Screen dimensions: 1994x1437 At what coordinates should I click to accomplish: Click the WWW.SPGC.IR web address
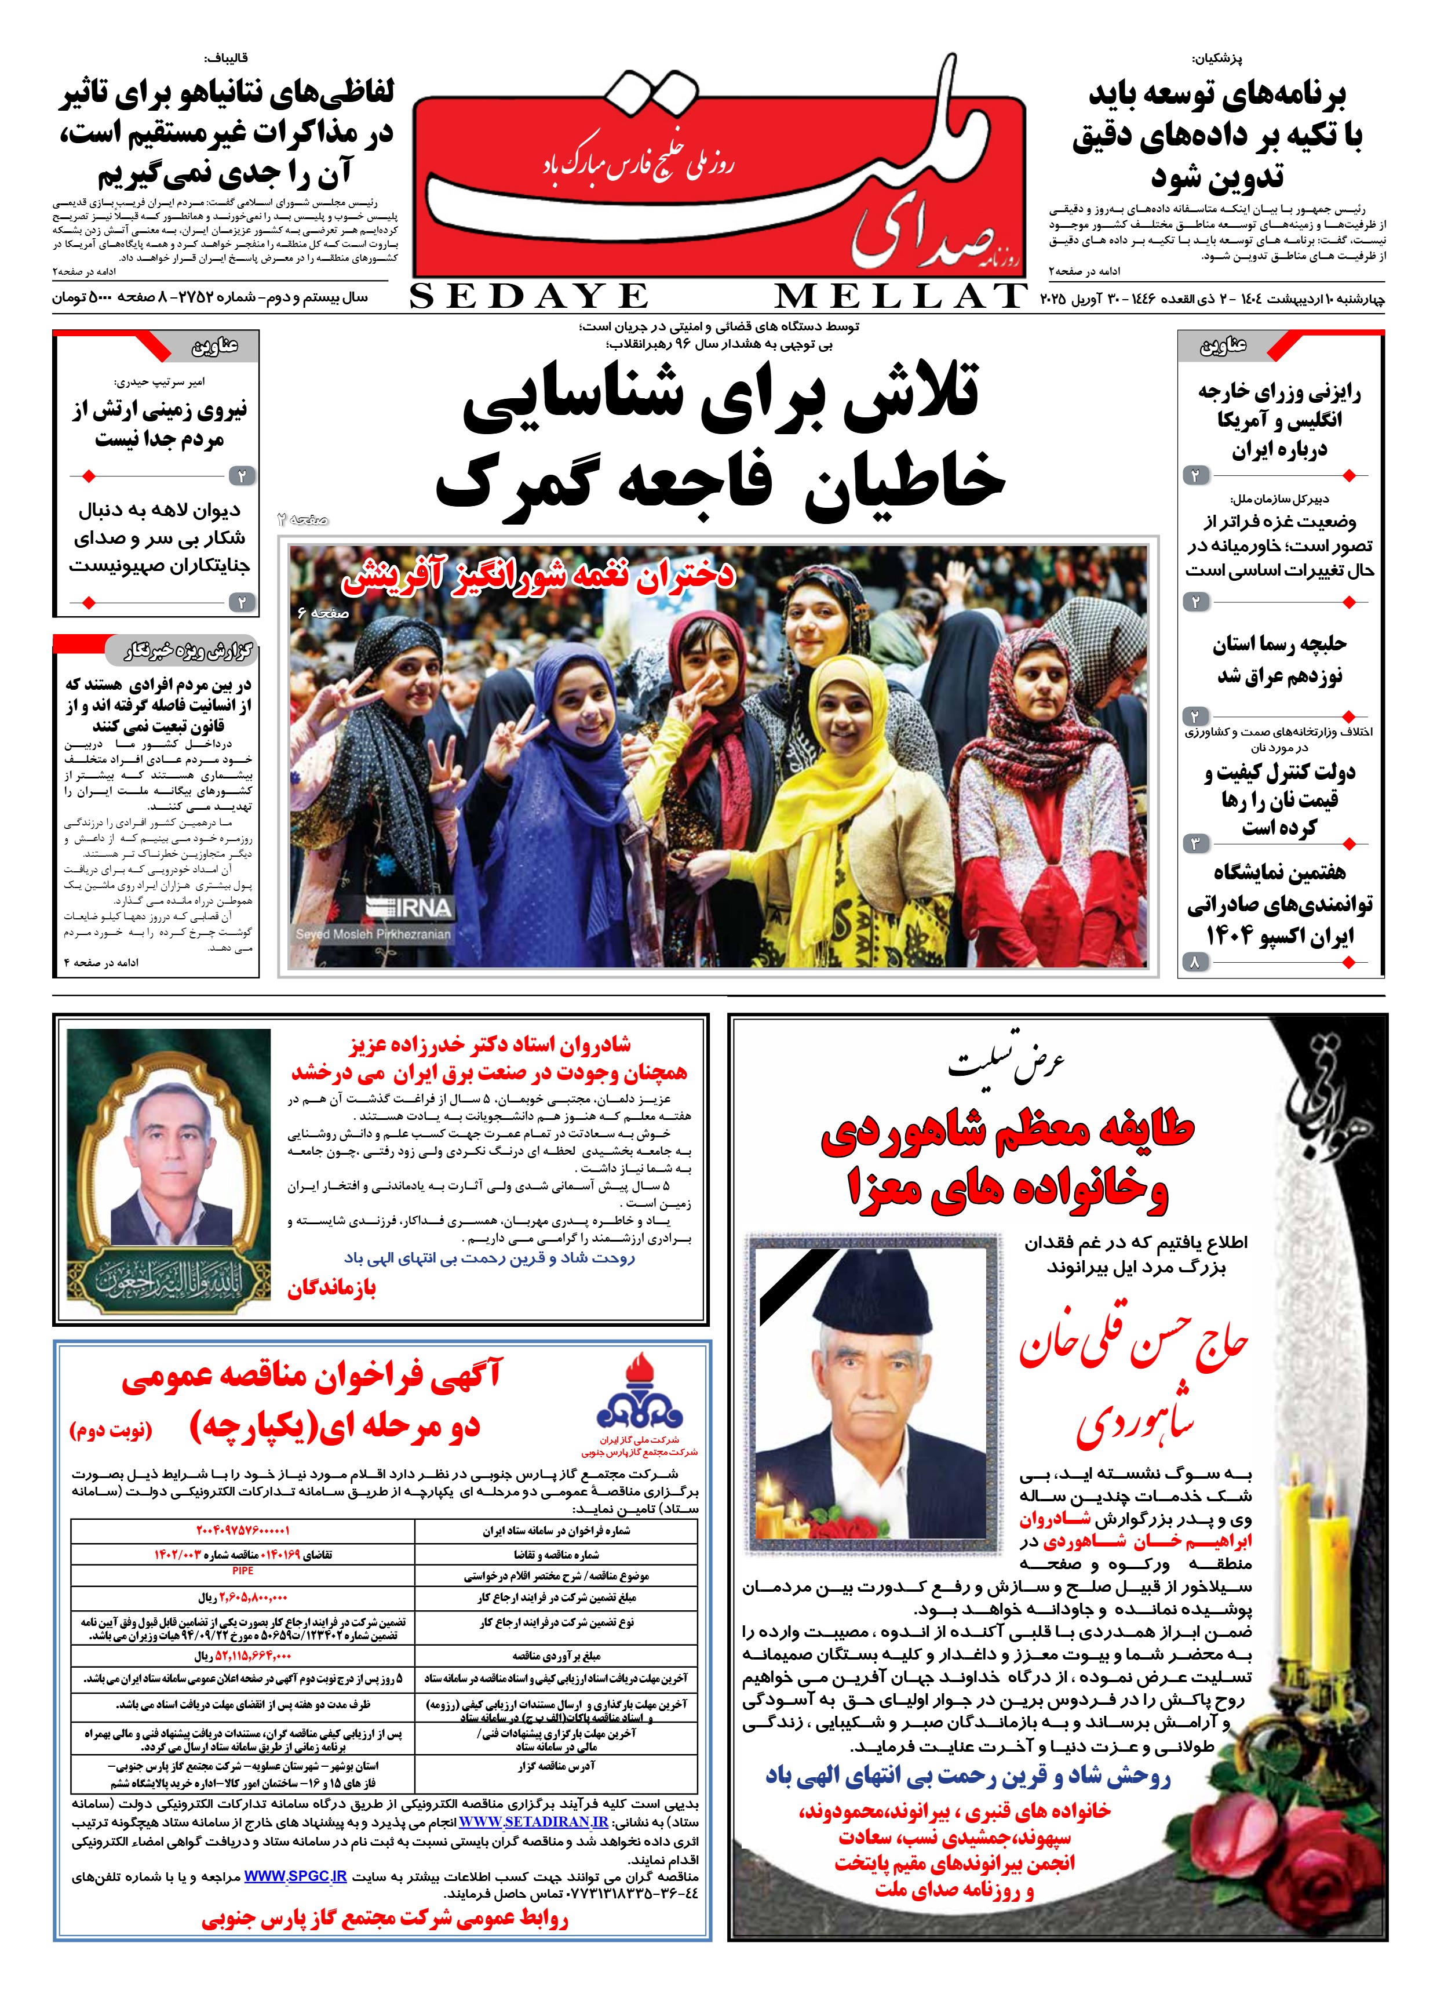click(296, 1875)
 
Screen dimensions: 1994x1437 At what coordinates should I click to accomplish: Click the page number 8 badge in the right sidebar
click(1194, 963)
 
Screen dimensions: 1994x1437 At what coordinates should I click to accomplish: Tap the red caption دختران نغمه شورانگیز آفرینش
click(537, 576)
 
